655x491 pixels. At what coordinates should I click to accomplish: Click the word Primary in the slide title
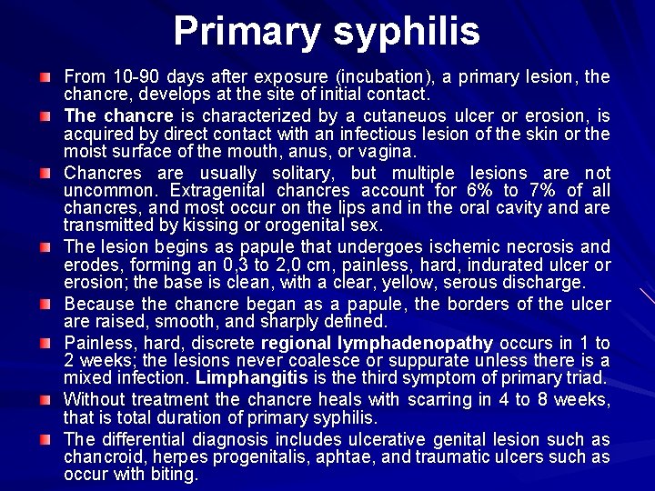point(235,31)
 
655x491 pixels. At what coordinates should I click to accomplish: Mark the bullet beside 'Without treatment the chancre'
point(45,401)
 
